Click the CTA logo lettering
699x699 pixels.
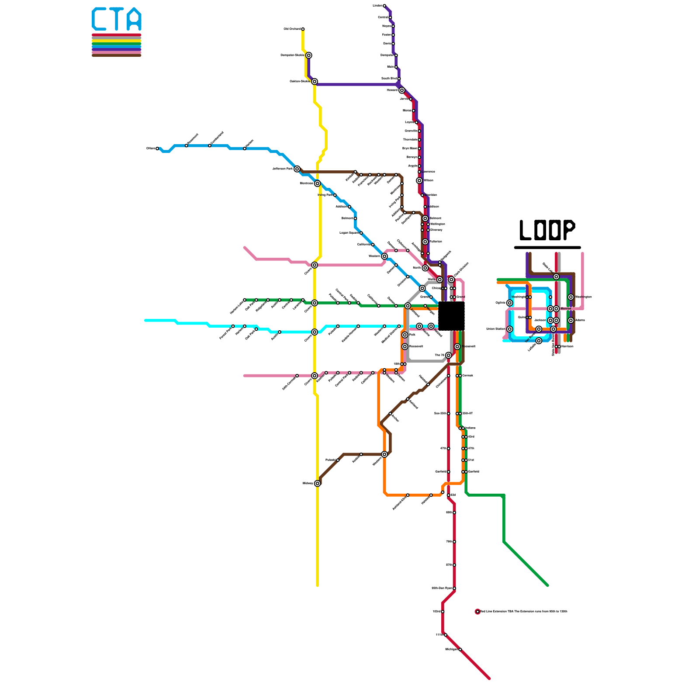pos(117,20)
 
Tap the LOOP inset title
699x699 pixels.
pos(547,230)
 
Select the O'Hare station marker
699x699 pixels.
pos(157,149)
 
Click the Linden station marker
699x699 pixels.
pos(384,6)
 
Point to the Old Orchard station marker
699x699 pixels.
pos(303,29)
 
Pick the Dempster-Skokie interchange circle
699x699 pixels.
pos(309,55)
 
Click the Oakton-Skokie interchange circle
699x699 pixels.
pos(315,82)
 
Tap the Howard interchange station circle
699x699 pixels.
pos(402,90)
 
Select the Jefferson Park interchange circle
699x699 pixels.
pos(297,169)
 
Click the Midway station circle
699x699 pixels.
pos(318,484)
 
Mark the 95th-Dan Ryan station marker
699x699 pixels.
pos(454,588)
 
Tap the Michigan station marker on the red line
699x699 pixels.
pos(460,650)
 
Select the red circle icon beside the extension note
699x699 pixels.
pos(478,612)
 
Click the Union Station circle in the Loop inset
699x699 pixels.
pos(510,329)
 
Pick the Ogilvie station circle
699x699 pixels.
pos(510,303)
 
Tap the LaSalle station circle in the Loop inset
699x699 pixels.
pos(539,341)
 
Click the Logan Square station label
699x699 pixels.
pos(349,233)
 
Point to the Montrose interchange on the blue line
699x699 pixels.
pos(318,183)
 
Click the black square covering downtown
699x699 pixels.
pos(451,316)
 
